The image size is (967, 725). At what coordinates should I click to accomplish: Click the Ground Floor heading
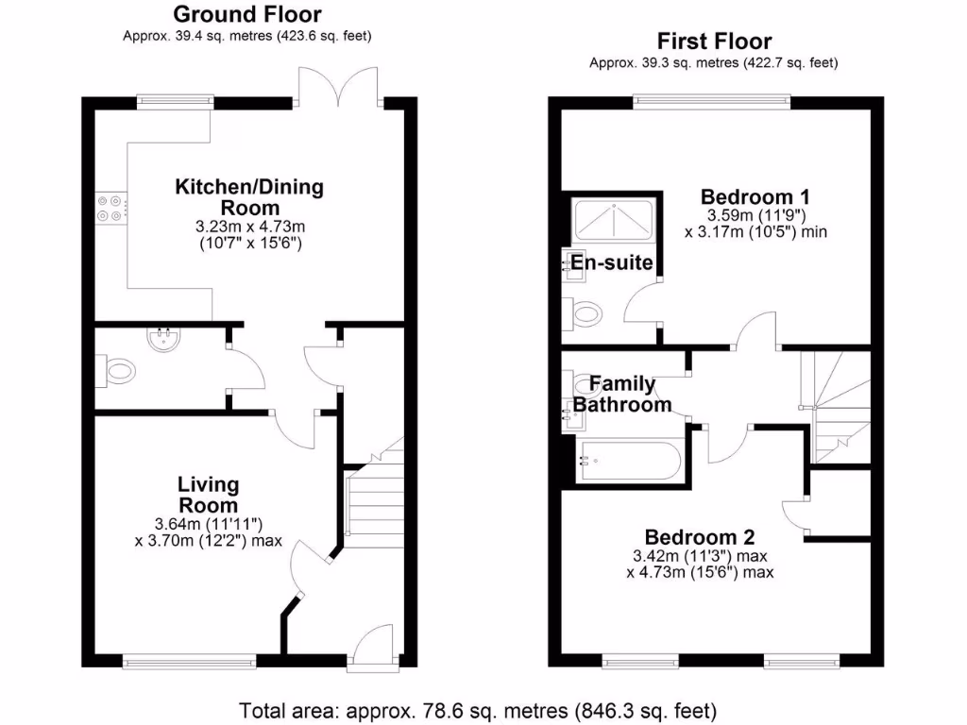246,15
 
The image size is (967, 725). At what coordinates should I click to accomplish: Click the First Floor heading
714,42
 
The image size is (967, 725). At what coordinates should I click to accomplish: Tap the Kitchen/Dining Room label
249,197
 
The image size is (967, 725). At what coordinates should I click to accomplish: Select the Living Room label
209,495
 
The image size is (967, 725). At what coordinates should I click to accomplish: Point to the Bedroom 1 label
755,197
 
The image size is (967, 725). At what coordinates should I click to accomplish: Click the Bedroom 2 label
700,537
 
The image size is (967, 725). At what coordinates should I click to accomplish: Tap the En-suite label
612,262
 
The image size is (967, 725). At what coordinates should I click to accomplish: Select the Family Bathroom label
622,395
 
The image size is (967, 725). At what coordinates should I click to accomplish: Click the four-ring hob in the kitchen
111,207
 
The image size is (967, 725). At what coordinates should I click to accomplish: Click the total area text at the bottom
478,709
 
